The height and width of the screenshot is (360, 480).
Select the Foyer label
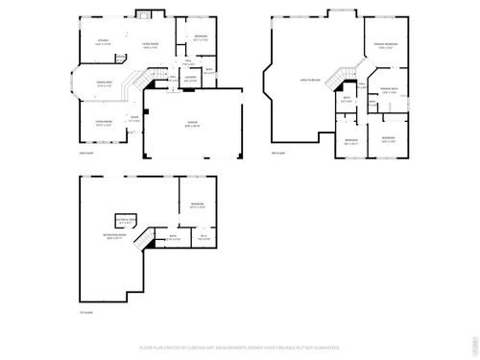click(134, 119)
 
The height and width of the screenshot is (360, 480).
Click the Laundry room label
click(190, 80)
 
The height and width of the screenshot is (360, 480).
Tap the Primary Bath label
click(389, 91)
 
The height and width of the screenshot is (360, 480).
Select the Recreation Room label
click(117, 235)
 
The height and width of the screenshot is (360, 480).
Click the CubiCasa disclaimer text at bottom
click(240, 347)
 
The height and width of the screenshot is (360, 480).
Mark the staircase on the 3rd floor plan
click(343, 76)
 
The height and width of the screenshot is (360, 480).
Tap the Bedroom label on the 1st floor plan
click(196, 205)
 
